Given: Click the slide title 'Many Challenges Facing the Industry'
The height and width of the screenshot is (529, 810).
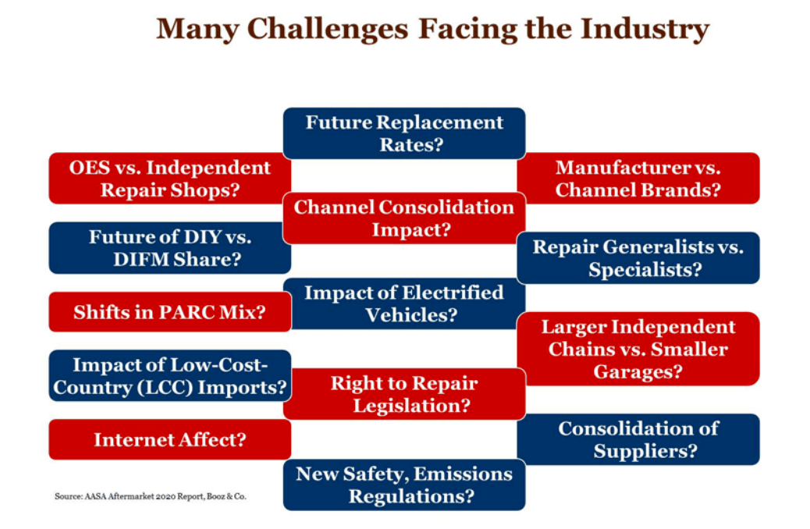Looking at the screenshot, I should coord(432,30).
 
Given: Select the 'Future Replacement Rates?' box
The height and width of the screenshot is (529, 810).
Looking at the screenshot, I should coord(403,133).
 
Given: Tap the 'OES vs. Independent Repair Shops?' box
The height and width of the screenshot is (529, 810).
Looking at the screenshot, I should coord(169,178).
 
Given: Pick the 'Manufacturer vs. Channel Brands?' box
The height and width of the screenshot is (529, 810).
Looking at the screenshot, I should coord(638,178).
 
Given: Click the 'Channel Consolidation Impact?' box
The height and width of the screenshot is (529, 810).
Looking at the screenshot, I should coord(403,218).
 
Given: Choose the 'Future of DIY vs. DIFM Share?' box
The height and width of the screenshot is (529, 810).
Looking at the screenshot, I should coord(169,248).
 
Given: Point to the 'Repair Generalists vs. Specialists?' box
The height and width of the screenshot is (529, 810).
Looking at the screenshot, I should coord(638,258).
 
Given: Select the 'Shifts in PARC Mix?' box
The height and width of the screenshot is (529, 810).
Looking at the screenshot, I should coord(169,312).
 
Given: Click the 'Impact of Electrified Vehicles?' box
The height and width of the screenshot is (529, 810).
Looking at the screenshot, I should coord(403,304).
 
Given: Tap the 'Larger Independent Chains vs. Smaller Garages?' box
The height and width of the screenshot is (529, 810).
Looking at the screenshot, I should coord(638,349).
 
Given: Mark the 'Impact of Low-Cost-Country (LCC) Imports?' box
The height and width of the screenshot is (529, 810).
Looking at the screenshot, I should coord(169,375).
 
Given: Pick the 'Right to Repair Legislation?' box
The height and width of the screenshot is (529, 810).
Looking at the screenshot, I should coord(403,394).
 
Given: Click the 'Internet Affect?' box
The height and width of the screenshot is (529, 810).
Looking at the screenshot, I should coord(169,439).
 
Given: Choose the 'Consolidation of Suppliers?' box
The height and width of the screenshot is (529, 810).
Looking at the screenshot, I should coord(638,439).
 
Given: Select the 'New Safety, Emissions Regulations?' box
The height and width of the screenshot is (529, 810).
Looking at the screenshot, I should coord(403,485).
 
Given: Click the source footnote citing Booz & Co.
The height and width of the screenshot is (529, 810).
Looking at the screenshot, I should coord(150,496).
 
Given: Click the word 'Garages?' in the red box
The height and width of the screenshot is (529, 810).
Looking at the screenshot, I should coord(638,371).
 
